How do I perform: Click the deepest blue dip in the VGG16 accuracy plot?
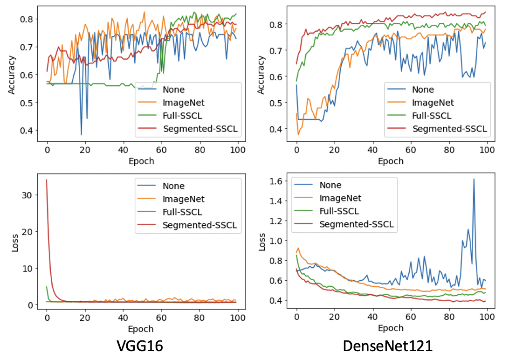click(82, 135)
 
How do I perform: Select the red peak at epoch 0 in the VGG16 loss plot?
click(47, 180)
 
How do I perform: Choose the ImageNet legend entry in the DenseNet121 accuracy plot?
click(433, 103)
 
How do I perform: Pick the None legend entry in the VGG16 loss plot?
click(173, 186)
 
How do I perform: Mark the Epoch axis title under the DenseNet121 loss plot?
click(391, 328)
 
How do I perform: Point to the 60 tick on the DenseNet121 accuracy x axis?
click(411, 150)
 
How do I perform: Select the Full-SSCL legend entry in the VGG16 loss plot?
click(182, 212)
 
